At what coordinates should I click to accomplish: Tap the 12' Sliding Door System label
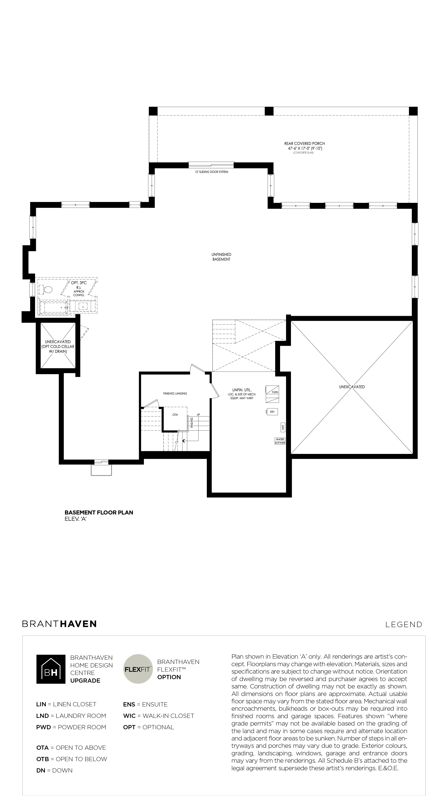212,172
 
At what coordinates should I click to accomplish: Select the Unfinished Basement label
221,257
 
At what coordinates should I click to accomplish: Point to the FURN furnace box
272,394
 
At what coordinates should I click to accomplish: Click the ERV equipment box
272,412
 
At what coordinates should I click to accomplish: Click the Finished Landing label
175,393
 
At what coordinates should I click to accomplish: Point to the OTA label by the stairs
175,415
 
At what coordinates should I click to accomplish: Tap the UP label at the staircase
198,415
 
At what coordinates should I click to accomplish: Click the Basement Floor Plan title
99,512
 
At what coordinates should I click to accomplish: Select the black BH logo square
51,669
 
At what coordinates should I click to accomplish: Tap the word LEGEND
404,625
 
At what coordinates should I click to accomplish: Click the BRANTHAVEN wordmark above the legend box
59,624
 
